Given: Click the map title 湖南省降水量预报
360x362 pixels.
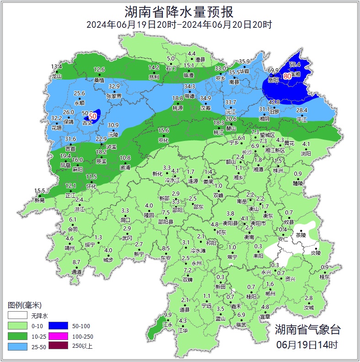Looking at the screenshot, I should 180,10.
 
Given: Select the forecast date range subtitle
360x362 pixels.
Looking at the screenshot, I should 179,24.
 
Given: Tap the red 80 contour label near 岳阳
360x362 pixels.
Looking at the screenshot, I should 287,76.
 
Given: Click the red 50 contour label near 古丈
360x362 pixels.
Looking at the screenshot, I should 92,116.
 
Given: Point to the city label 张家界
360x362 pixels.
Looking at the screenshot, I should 114,96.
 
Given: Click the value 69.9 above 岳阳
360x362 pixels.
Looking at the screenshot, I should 273,70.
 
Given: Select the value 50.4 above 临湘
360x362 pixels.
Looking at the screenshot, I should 295,65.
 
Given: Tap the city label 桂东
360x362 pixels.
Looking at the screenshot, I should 324,277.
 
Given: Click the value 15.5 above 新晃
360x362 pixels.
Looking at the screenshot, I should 40,191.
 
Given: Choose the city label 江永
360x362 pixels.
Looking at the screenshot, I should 168,324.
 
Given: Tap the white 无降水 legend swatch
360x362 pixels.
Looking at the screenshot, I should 17,316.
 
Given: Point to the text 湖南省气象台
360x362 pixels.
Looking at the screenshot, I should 307,329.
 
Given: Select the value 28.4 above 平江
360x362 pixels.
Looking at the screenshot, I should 302,110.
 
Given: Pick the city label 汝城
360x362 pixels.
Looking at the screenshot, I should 309,308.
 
